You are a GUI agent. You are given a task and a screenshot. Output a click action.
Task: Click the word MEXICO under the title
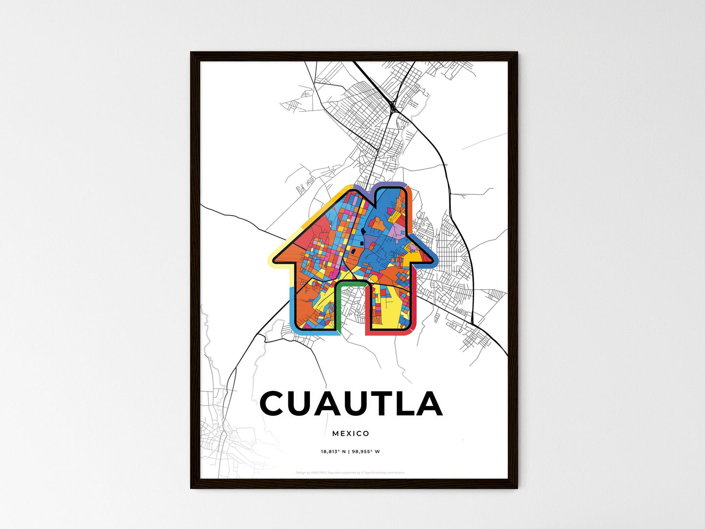(350, 433)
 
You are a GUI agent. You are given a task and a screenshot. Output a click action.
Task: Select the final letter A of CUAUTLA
(428, 404)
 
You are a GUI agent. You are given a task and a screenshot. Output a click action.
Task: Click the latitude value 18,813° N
(333, 451)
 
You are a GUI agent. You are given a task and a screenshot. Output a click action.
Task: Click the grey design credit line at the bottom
(350, 472)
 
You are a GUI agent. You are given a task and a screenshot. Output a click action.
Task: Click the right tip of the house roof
(434, 259)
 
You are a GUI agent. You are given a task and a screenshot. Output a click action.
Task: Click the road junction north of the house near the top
(393, 105)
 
